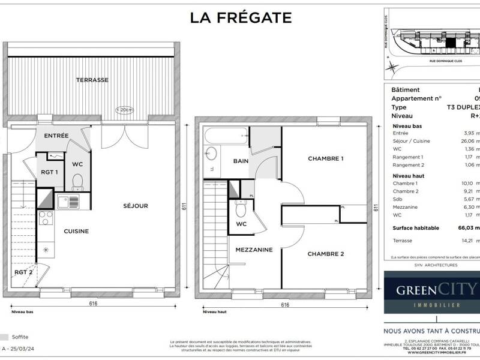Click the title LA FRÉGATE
coord(241,17)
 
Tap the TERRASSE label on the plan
coord(92,80)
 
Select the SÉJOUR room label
coord(136,206)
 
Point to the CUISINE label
coord(77,231)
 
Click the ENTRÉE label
coord(56,136)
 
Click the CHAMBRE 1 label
coord(326,159)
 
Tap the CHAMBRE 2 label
coord(326,254)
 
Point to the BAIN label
coord(241,161)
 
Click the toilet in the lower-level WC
coord(76,181)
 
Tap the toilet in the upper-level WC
coord(241,209)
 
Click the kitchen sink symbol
coord(64,201)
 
